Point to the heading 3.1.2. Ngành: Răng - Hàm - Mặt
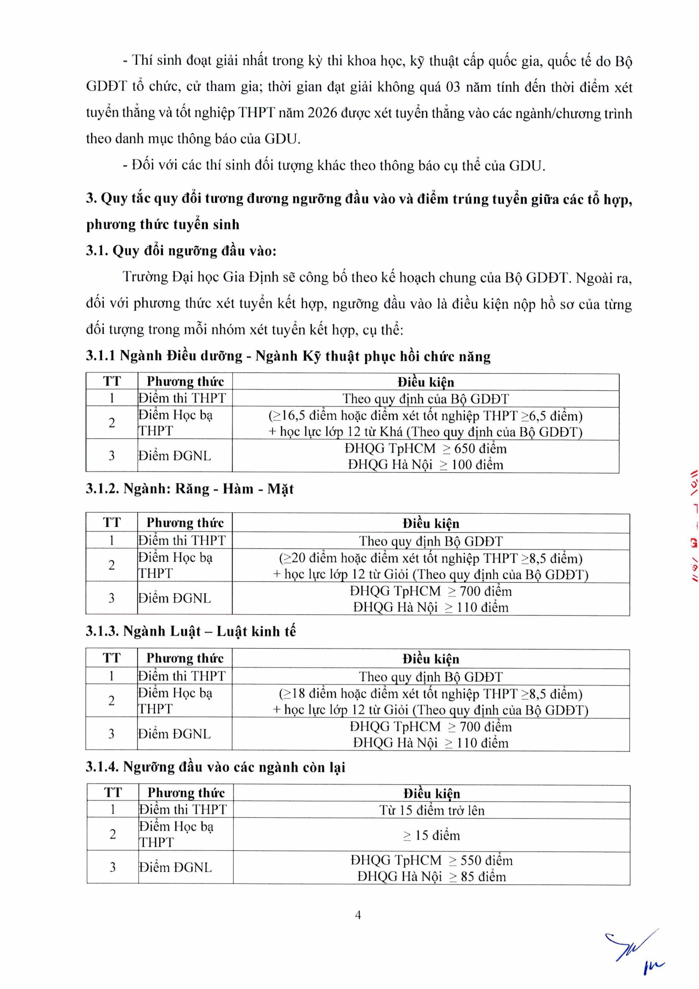coord(189,489)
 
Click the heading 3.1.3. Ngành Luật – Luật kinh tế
coord(191,632)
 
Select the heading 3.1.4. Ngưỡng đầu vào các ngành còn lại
coord(215,767)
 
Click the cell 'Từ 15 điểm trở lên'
coord(432,810)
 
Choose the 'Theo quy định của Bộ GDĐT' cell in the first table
coord(426,399)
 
